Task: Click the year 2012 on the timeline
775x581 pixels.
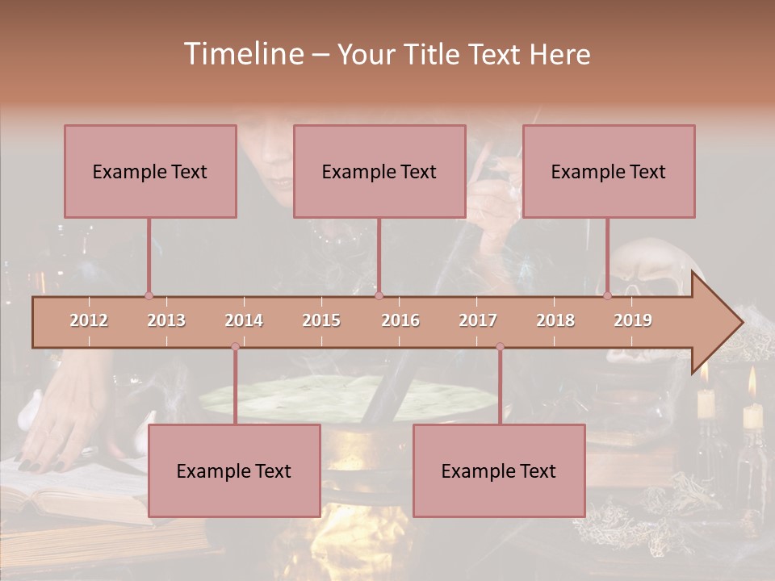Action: coord(89,320)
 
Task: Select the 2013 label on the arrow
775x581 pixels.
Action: coord(166,320)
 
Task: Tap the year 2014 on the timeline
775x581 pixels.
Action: coord(244,320)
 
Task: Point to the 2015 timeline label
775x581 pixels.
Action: coord(321,320)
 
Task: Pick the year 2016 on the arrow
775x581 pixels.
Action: coord(400,320)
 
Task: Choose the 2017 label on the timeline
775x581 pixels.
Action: coord(478,320)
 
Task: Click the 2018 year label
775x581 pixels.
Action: coord(555,320)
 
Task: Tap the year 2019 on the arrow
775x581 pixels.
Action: coord(633,320)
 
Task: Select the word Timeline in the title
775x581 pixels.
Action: coord(241,54)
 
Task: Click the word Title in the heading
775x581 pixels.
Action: coord(437,54)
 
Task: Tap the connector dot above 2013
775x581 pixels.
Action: coord(149,295)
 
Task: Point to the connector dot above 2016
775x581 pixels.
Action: coord(379,295)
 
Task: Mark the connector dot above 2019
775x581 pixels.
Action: coord(608,295)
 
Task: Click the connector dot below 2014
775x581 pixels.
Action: coord(235,346)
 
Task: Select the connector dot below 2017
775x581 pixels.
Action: coord(500,346)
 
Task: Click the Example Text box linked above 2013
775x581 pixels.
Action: coord(150,171)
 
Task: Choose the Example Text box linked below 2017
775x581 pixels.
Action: coord(499,470)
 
